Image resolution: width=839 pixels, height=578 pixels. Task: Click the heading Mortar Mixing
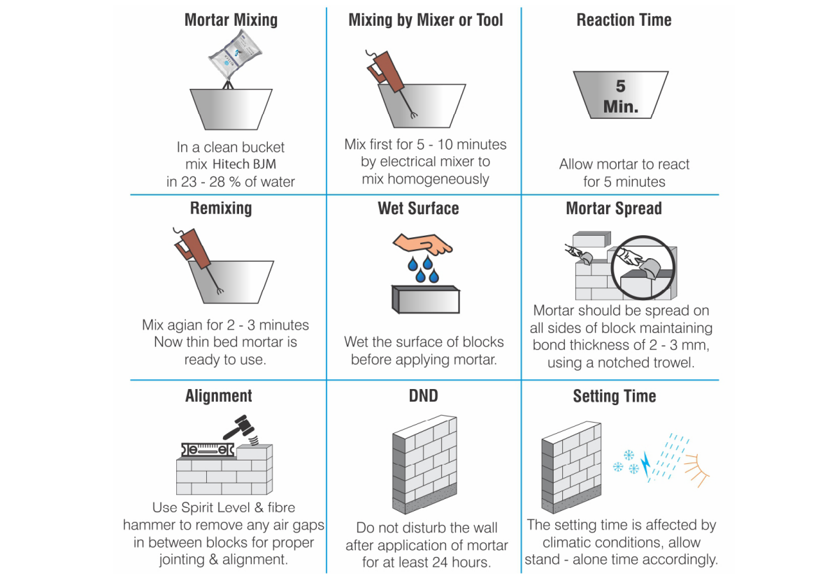pyautogui.click(x=231, y=20)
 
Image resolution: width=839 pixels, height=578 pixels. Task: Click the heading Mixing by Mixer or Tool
pyautogui.click(x=426, y=20)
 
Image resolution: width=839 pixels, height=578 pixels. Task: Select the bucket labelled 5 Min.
pyautogui.click(x=621, y=95)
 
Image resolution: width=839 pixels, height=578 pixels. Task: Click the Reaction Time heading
pyautogui.click(x=624, y=20)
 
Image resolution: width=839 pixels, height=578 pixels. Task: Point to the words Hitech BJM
pyautogui.click(x=244, y=164)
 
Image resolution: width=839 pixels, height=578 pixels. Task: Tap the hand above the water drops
pyautogui.click(x=422, y=244)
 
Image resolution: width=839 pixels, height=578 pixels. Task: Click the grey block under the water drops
pyautogui.click(x=426, y=299)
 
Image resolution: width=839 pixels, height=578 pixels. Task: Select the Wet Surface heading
pyautogui.click(x=418, y=209)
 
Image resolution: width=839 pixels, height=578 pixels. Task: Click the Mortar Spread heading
pyautogui.click(x=614, y=209)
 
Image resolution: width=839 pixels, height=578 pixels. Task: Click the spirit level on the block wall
pyautogui.click(x=208, y=450)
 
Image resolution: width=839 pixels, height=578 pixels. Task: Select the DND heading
pyautogui.click(x=423, y=396)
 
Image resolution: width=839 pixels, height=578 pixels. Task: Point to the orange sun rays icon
pyautogui.click(x=696, y=470)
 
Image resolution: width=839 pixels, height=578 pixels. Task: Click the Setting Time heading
pyautogui.click(x=615, y=396)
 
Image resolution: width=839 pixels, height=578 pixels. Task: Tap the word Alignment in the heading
pyautogui.click(x=219, y=396)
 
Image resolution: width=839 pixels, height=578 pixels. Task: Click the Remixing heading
pyautogui.click(x=221, y=209)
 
